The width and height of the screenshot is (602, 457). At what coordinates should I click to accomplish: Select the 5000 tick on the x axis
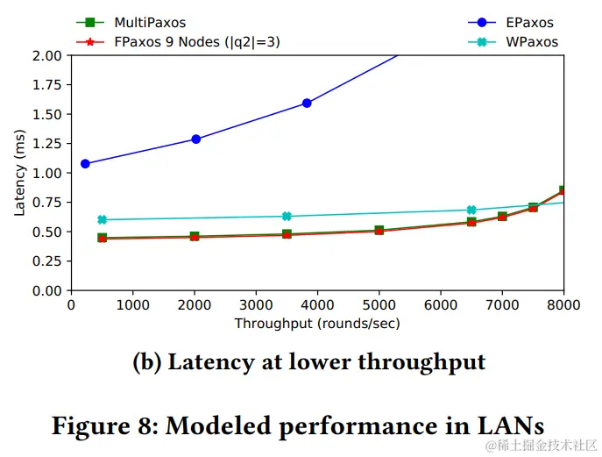pyautogui.click(x=379, y=304)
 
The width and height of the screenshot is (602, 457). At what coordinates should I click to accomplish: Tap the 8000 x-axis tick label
pyautogui.click(x=563, y=304)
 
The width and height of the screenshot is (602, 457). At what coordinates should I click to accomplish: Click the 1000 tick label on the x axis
pyautogui.click(x=132, y=304)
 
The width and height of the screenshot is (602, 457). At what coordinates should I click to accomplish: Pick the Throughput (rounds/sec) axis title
pyautogui.click(x=317, y=323)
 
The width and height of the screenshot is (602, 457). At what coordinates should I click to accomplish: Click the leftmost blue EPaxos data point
pyautogui.click(x=85, y=163)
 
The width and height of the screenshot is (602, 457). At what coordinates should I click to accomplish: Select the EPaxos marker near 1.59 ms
pyautogui.click(x=307, y=103)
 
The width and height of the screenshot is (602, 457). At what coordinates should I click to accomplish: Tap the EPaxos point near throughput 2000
pyautogui.click(x=195, y=139)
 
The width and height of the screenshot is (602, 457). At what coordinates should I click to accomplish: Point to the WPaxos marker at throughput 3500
pyautogui.click(x=287, y=216)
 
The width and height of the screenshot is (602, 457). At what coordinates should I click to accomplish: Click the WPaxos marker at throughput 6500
pyautogui.click(x=471, y=210)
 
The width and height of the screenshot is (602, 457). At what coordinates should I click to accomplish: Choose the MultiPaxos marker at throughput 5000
pyautogui.click(x=379, y=231)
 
